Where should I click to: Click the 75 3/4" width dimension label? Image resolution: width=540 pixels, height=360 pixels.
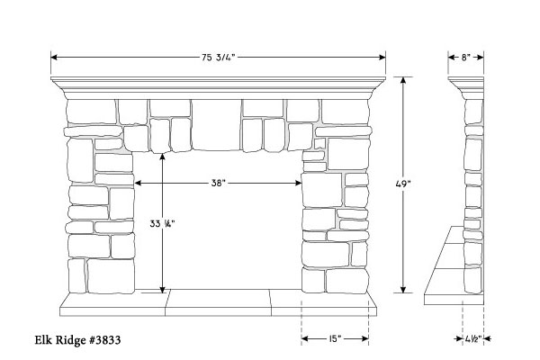218,58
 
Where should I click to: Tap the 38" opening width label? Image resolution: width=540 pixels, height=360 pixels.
219,183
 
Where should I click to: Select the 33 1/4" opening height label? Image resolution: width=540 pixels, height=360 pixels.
162,223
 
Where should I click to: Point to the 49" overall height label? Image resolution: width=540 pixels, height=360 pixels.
403,184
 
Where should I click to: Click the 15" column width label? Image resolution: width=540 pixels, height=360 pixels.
335,338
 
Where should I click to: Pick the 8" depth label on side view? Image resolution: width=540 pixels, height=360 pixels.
465,58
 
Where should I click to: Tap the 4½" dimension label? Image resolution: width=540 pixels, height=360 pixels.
472,339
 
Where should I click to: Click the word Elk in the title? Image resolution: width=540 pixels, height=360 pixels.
41,340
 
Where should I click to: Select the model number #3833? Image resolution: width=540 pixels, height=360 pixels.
105,340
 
